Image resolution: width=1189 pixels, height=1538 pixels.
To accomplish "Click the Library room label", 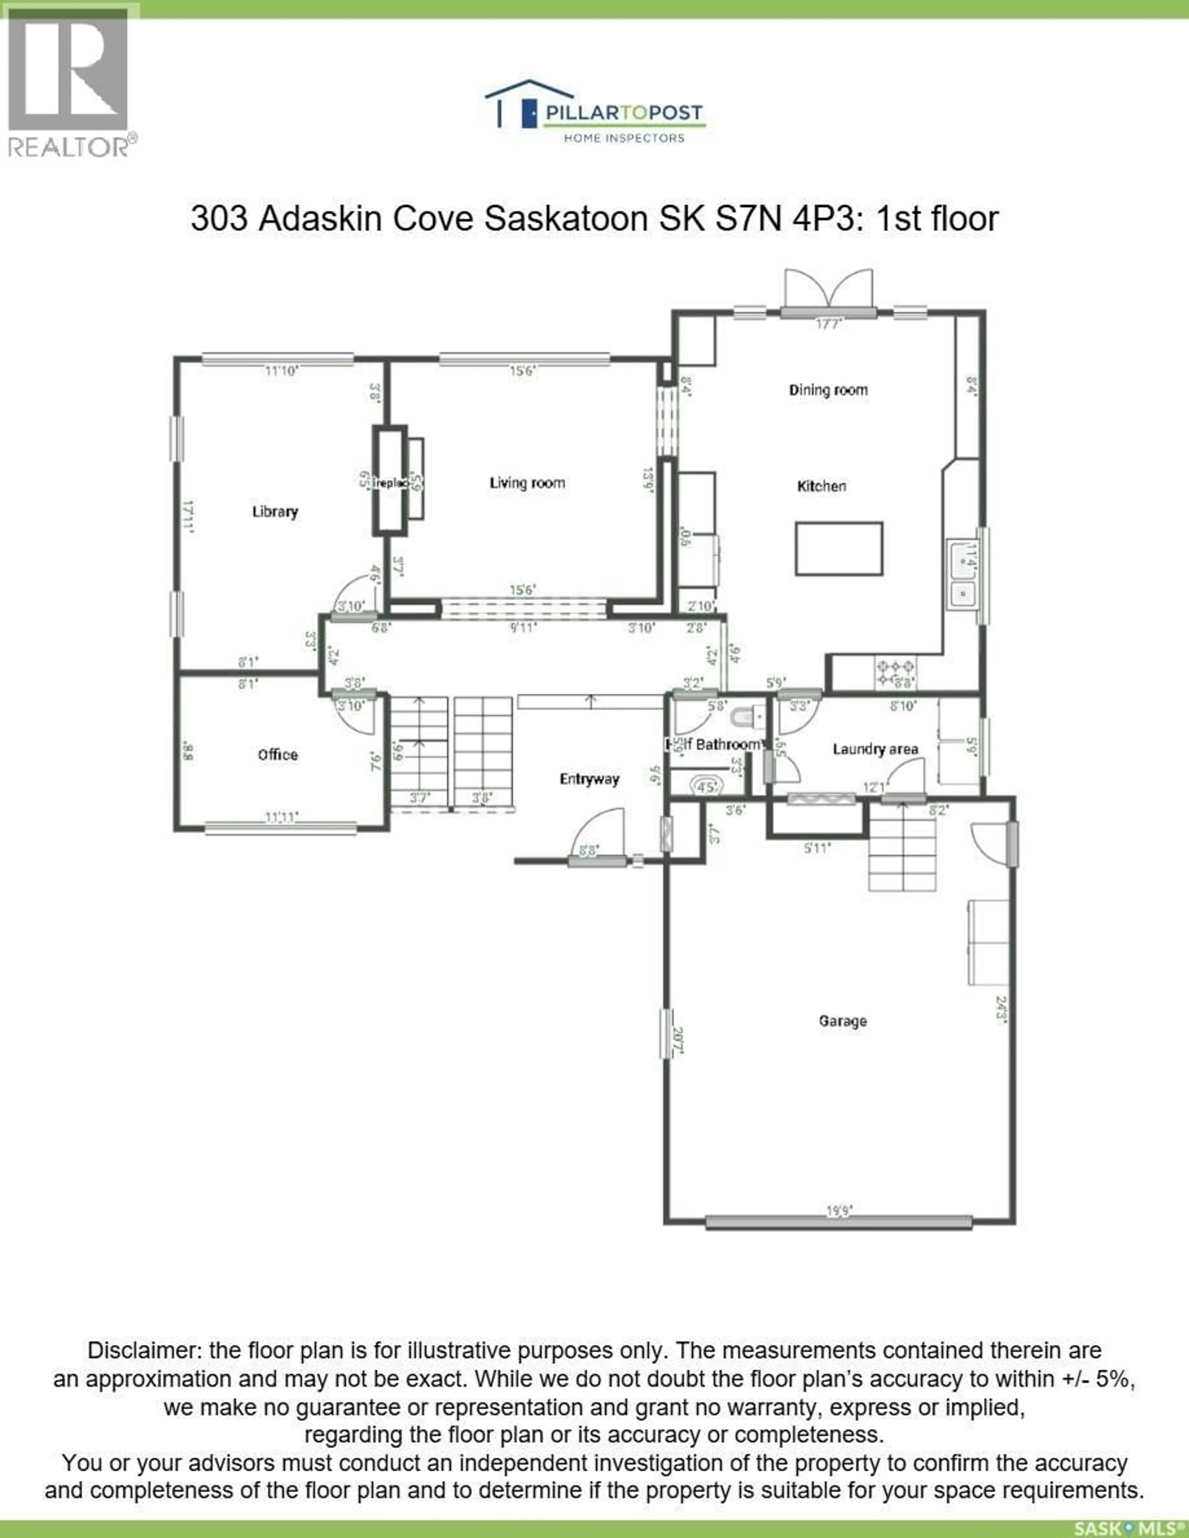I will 275,511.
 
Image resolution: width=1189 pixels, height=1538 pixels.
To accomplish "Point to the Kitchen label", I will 821,486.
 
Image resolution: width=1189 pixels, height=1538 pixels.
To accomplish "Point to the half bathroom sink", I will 705,785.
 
